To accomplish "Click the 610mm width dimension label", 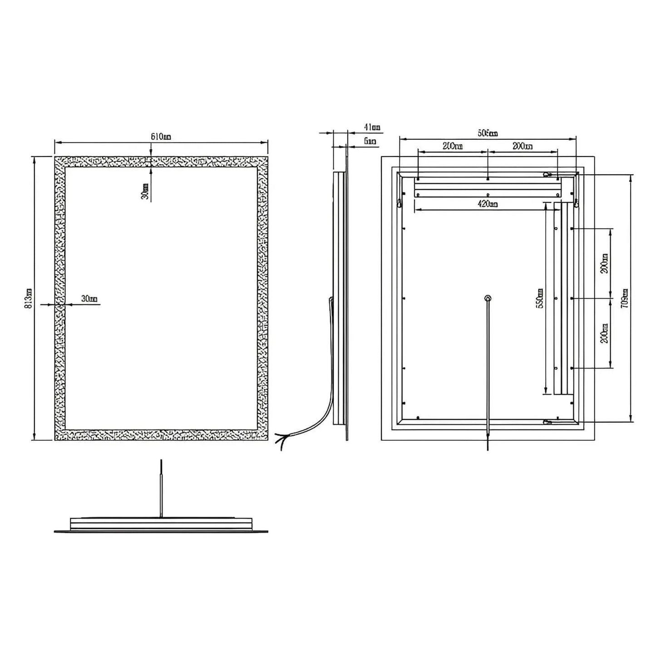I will tap(161, 137).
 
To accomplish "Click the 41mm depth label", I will tap(372, 128).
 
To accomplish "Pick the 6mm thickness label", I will tap(370, 141).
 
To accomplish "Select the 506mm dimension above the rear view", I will tap(488, 133).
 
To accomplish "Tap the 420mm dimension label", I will tap(487, 204).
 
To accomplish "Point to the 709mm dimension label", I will tap(625, 298).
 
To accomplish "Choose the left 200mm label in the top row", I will tap(452, 146).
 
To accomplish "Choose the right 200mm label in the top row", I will tap(523, 146).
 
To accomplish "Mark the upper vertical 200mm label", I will tap(603, 263).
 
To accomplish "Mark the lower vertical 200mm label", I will tap(603, 333).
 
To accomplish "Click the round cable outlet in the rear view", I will tap(488, 298).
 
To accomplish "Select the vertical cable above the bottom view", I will tap(161, 488).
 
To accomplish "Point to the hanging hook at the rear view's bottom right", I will tap(547, 422).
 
